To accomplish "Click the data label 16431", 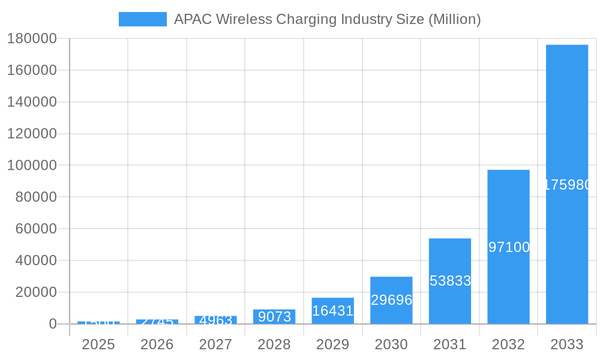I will point(332,311).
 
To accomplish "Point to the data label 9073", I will point(274,317).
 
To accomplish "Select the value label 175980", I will point(568,185).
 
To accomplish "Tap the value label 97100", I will point(509,247).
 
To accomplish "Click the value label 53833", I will point(450,281).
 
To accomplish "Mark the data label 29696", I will point(391,300).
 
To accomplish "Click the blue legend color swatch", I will point(142,19).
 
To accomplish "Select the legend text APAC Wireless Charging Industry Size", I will point(327,19).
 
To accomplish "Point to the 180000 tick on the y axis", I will point(32,39).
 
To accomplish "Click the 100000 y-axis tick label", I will point(32,166).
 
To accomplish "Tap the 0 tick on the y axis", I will point(52,324).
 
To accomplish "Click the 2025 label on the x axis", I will point(98,344).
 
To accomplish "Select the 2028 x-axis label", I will point(274,344).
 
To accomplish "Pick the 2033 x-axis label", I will point(567,344).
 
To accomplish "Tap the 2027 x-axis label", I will point(215,344).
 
